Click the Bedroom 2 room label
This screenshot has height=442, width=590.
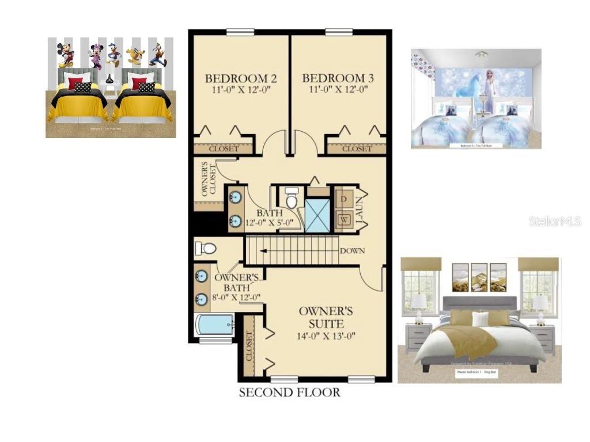(237, 78)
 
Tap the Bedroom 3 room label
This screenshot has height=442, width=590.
(334, 78)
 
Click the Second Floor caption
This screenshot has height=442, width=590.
(289, 393)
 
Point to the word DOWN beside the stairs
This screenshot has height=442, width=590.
(352, 251)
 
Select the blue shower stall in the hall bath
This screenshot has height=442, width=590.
(317, 214)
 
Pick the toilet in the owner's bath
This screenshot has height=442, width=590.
(205, 248)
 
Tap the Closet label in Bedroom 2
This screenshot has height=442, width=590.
(223, 149)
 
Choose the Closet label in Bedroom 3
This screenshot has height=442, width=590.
(357, 149)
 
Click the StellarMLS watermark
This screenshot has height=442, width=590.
(555, 221)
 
